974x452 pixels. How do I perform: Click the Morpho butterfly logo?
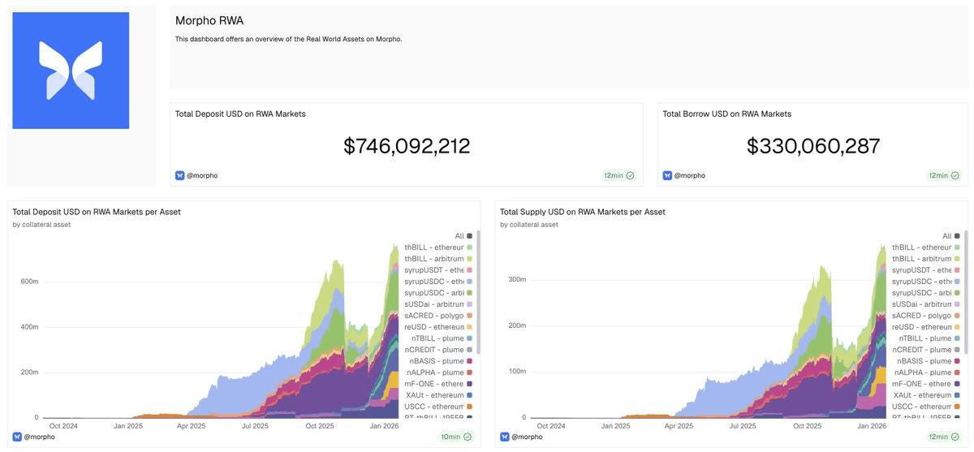point(71,70)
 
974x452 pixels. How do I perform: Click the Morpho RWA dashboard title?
point(209,21)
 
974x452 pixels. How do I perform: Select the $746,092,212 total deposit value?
point(407,146)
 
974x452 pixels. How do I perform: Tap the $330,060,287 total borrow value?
point(812,146)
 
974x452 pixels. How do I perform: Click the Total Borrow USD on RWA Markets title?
point(726,114)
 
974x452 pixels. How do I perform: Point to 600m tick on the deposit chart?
point(28,282)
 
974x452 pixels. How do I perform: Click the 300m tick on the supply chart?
point(515,279)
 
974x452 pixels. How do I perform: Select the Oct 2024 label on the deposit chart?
point(63,426)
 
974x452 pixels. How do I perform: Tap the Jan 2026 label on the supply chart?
point(871,426)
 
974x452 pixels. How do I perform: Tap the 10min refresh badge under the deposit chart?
point(455,437)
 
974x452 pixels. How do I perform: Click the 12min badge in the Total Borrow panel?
point(943,175)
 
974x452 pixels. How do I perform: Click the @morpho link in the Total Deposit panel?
point(201,175)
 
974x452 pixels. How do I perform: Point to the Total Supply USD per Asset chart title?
point(582,212)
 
